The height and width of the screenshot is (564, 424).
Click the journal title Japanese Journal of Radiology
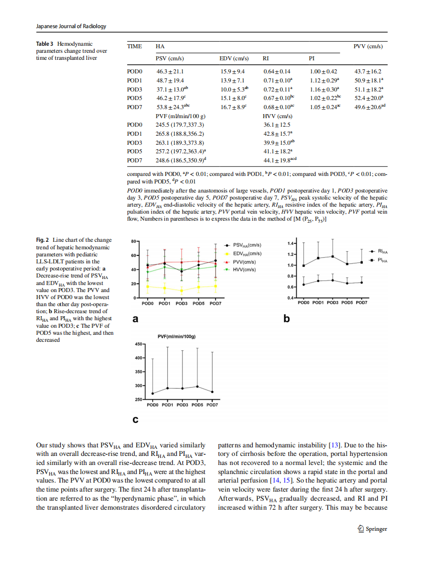[x=71, y=26]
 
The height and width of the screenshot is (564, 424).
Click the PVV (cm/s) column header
[x=368, y=46]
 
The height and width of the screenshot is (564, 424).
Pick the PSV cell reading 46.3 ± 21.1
[x=170, y=71]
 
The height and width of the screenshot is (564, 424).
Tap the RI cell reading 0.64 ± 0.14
[x=277, y=71]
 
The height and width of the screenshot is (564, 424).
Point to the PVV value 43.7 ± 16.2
[x=368, y=71]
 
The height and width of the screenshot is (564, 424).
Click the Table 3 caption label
[x=48, y=44]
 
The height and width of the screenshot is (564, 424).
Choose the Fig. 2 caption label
[x=43, y=240]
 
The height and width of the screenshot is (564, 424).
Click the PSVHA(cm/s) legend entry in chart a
[x=246, y=245]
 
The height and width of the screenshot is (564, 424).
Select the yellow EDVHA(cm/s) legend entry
[x=246, y=253]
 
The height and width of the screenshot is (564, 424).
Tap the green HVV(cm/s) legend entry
[x=244, y=269]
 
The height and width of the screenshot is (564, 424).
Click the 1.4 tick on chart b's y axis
[x=291, y=244]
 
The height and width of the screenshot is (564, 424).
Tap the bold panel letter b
[x=287, y=318]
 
